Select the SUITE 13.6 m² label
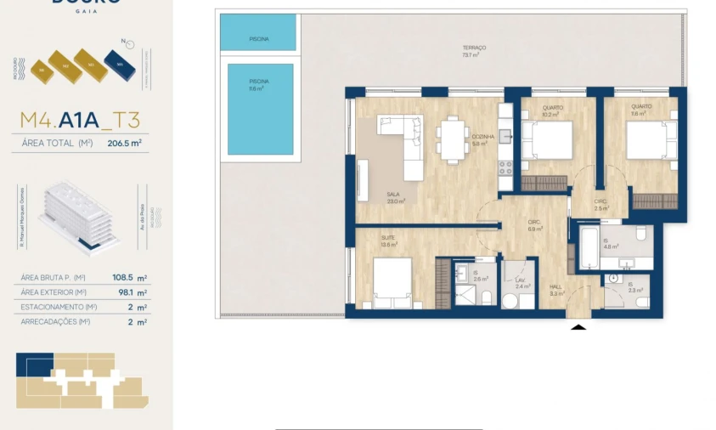(x=389, y=241)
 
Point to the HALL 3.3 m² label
(x=555, y=290)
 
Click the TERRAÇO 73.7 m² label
(x=474, y=51)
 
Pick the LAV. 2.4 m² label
(x=521, y=283)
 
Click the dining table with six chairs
(x=450, y=139)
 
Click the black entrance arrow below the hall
(x=579, y=325)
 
